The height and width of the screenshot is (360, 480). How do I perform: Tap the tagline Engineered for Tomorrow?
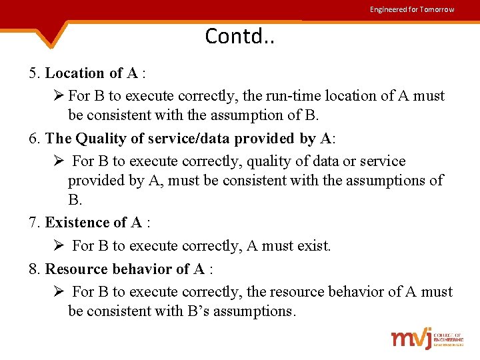coord(412,9)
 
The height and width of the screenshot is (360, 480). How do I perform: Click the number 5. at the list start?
coord(35,73)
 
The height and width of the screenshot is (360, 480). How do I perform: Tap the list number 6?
coord(35,138)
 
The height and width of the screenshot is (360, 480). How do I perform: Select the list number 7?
coord(35,222)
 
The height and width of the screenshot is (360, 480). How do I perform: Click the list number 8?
coord(35,269)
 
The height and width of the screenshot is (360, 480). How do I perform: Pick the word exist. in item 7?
coord(313,245)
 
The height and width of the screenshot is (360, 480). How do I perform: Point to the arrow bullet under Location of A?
coord(57,95)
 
